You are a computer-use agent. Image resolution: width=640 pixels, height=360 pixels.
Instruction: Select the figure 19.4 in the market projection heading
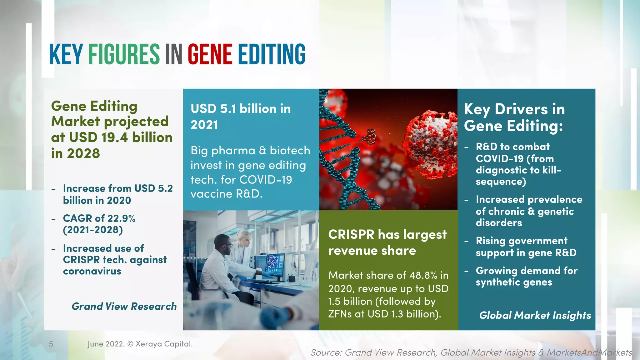[114, 137]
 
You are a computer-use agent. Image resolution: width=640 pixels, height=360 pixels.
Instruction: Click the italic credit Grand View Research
[124, 306]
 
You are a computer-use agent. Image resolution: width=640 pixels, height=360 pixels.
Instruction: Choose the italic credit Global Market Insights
[535, 315]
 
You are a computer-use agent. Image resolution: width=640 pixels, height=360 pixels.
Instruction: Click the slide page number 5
[51, 344]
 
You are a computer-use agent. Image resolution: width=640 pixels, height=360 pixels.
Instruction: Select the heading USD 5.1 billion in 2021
[241, 117]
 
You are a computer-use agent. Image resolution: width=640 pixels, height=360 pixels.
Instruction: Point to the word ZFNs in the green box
[340, 314]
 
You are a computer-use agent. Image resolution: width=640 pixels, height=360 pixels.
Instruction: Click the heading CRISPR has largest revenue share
[387, 242]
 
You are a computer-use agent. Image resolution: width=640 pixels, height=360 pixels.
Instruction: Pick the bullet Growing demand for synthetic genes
[526, 276]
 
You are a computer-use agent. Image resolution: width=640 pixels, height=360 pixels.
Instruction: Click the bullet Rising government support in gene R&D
[526, 247]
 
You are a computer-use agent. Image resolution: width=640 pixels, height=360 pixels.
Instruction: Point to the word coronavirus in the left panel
[92, 271]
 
